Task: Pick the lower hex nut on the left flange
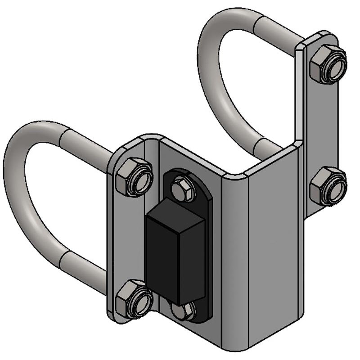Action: (134, 298)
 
